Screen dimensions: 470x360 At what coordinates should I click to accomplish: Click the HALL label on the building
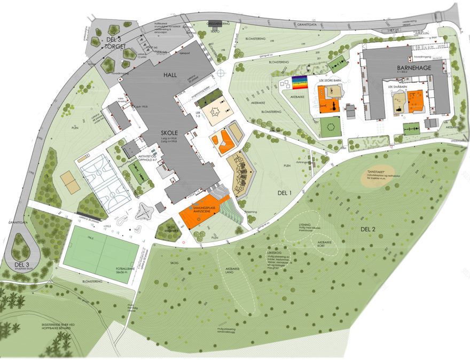(x=169, y=76)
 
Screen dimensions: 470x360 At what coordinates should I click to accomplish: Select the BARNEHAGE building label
(x=412, y=69)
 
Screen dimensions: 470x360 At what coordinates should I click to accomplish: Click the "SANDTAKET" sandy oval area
(x=380, y=179)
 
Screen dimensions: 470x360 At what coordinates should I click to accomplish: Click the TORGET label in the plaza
(x=114, y=46)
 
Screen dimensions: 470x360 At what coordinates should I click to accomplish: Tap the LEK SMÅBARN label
(x=409, y=85)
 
